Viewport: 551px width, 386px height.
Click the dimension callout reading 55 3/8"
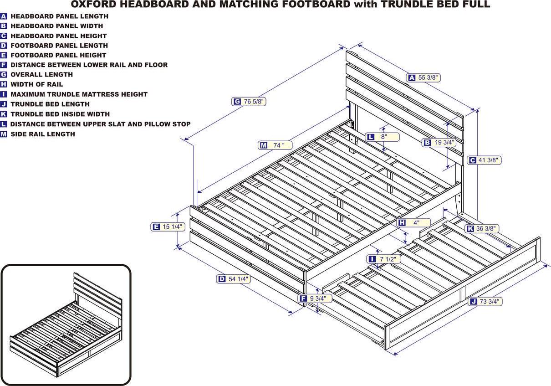(x=424, y=78)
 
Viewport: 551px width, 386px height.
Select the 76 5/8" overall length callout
(x=249, y=102)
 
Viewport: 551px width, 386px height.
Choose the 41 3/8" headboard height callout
(x=485, y=160)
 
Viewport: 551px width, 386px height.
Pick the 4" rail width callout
(x=414, y=223)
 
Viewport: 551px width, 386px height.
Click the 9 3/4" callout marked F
(x=315, y=299)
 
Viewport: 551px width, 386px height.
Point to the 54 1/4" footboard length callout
(x=234, y=279)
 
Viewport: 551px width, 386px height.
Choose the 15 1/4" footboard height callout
(x=168, y=226)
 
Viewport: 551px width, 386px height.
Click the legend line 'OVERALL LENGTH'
(x=41, y=74)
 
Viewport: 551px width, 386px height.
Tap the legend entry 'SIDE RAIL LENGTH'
(x=43, y=134)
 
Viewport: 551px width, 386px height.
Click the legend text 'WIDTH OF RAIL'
(x=37, y=84)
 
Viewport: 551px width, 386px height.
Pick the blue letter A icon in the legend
(x=4, y=16)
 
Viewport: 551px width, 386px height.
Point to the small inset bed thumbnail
(x=66, y=324)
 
